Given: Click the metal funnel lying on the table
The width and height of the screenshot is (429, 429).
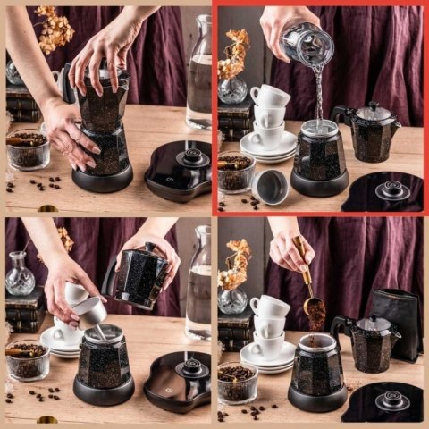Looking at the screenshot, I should [x=271, y=186].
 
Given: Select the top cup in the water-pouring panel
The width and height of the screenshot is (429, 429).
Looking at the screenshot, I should [x=269, y=96].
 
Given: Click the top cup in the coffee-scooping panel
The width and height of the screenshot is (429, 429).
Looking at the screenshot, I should [x=269, y=306].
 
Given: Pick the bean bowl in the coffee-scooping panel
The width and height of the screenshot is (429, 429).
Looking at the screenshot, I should [x=237, y=383].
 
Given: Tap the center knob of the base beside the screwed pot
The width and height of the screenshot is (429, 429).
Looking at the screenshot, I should [x=191, y=157].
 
